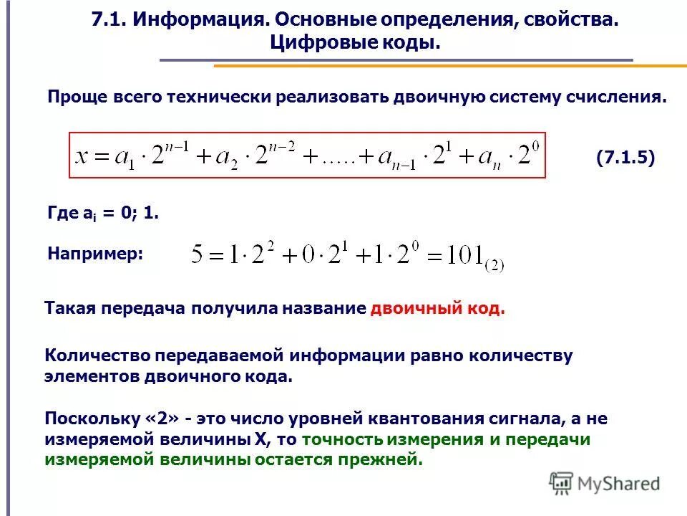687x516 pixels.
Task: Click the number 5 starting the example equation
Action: (198, 255)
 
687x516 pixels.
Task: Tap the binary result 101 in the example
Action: (463, 255)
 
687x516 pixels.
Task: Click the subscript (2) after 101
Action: (494, 264)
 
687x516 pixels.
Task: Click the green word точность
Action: (339, 440)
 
